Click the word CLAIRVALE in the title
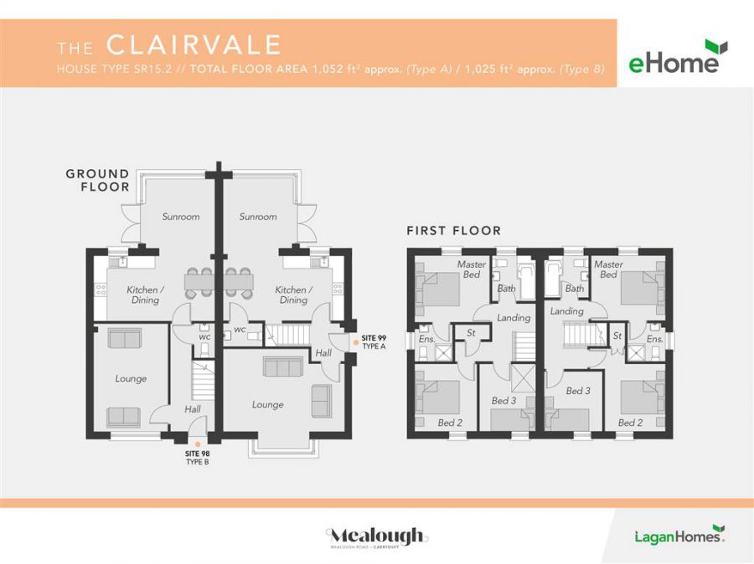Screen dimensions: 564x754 coord(194,44)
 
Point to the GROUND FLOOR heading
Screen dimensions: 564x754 coord(98,181)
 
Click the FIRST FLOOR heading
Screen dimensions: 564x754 coord(453,230)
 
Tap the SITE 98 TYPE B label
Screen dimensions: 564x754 coord(197,457)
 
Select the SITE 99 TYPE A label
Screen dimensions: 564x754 coord(374,341)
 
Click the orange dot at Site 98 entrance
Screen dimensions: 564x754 coord(197,444)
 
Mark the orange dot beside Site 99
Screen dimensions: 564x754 coord(356,341)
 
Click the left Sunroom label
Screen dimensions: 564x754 coord(181,217)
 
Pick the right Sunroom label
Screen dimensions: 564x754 coord(257,217)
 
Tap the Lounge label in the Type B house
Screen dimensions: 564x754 coord(131,379)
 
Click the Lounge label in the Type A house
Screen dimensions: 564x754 coord(267,405)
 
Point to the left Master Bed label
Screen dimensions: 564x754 coord(472,269)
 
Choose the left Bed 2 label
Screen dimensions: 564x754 coord(450,423)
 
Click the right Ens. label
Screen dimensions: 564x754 coord(654,339)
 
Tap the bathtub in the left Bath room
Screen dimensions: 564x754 coord(526,281)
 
